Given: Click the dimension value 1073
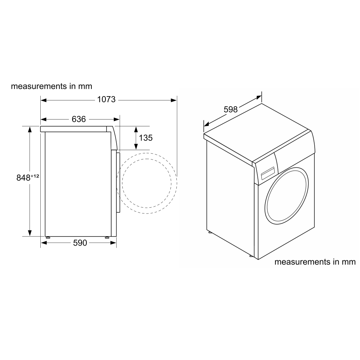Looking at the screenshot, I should point(106,100).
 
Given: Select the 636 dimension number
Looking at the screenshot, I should point(79,119).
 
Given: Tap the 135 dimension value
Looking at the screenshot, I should point(145,138).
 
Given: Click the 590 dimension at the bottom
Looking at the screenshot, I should point(80,243).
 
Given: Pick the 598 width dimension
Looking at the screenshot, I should point(231,109).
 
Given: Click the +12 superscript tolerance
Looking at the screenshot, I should point(35,176).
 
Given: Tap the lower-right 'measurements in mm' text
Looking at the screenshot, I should point(315,262).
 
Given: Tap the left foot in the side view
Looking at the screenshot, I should point(48,238).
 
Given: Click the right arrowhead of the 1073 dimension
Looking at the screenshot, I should point(174,100).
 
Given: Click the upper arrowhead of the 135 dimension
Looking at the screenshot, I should point(136,129).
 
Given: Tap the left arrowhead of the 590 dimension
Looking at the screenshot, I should point(43,243).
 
